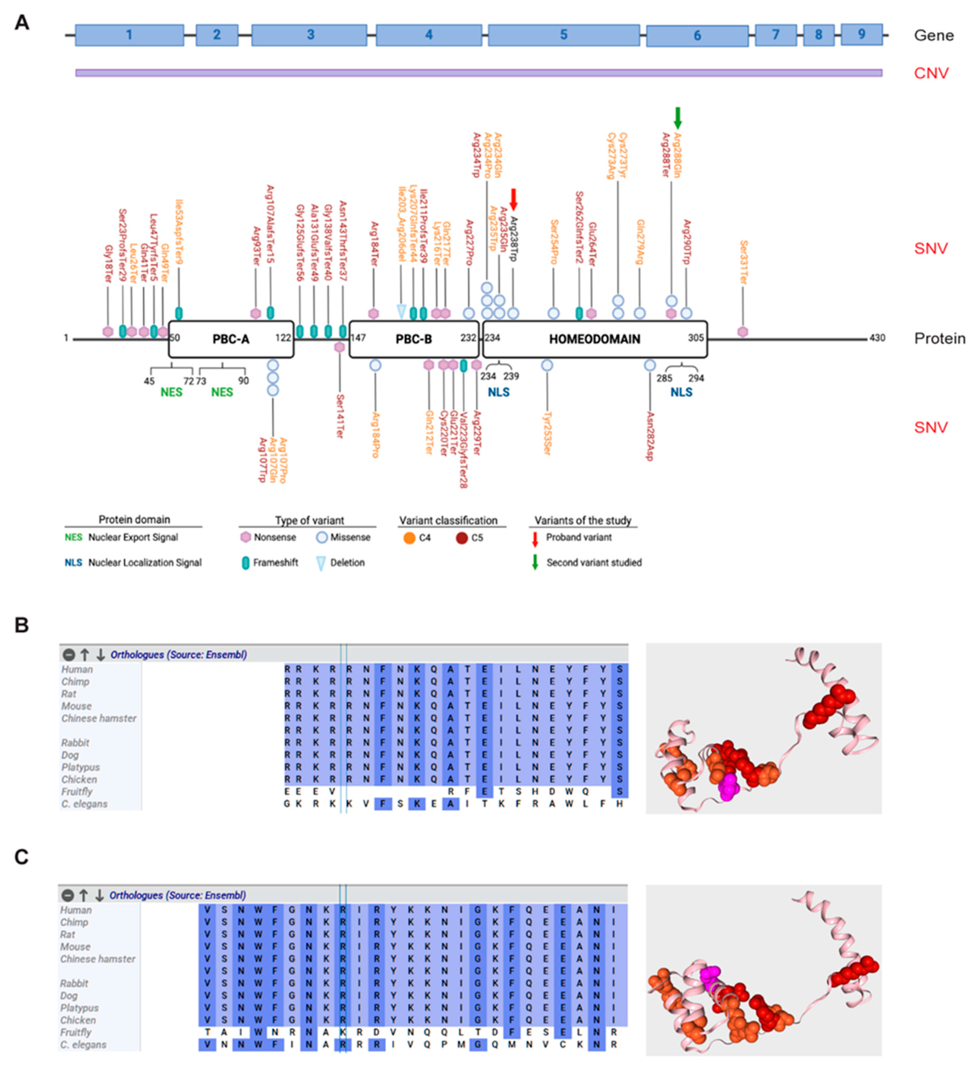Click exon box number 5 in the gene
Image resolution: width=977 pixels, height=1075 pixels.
point(563,35)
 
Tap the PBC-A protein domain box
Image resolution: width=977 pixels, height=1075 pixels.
point(231,339)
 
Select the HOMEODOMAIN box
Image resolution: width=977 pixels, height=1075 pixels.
point(594,339)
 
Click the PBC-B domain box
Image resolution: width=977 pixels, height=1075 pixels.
point(414,339)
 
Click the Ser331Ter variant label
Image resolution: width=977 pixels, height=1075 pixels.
point(743,262)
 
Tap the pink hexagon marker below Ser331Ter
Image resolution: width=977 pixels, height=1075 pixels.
point(742,332)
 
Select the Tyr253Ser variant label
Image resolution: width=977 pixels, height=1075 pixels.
point(547,433)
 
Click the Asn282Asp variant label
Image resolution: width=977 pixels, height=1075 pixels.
point(650,436)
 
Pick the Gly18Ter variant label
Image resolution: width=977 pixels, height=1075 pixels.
point(108,264)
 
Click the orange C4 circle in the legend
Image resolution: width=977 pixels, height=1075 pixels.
point(409,538)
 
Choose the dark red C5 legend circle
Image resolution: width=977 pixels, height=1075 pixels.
point(462,538)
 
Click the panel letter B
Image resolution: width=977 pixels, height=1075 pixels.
point(21,625)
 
